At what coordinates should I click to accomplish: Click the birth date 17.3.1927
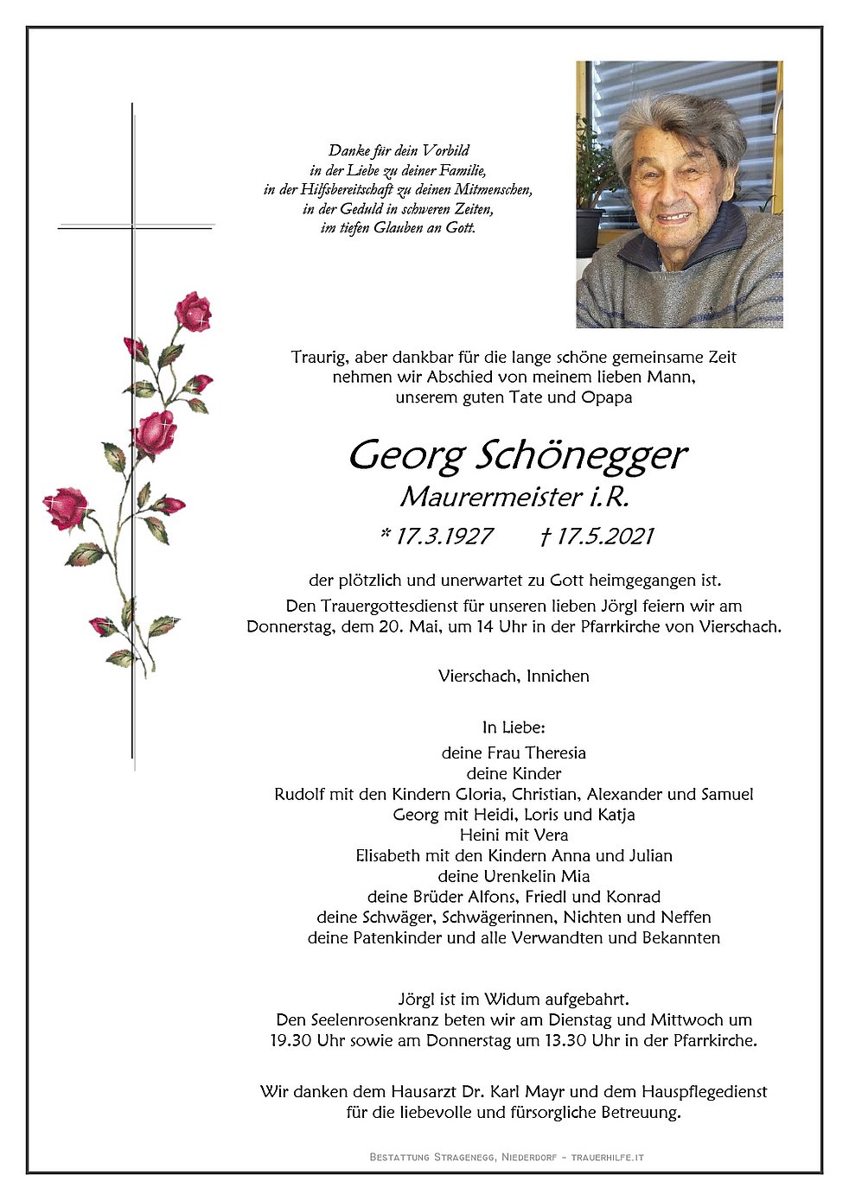tap(444, 537)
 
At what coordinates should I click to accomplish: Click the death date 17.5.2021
tap(604, 537)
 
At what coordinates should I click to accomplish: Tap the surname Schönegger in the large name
tap(583, 454)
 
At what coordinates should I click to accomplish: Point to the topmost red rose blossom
tap(193, 311)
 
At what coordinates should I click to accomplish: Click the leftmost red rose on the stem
tap(65, 508)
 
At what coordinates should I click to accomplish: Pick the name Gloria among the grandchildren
tap(476, 794)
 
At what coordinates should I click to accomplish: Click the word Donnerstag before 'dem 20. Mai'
tap(290, 626)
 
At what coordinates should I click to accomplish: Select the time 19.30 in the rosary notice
tap(290, 1040)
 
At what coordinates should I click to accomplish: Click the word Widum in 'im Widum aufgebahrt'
tap(512, 1000)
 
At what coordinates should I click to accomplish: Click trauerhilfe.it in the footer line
tap(607, 1157)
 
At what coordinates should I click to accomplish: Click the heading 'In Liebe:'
tap(514, 727)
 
